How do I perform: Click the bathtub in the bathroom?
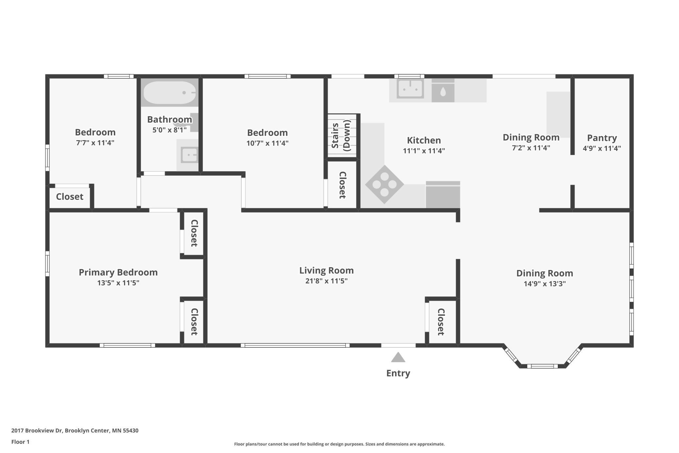[x=169, y=92]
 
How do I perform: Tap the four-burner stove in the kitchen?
[x=384, y=184]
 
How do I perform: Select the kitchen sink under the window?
[x=410, y=89]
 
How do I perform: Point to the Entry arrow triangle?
[x=398, y=357]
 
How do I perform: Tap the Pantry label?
[x=602, y=138]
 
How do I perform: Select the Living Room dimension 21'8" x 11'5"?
[x=326, y=281]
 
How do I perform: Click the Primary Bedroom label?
[x=118, y=273]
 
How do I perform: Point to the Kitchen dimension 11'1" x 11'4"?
[x=424, y=151]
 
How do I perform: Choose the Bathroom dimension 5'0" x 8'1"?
[x=169, y=130]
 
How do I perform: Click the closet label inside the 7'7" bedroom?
[x=70, y=197]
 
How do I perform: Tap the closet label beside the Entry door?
[x=441, y=322]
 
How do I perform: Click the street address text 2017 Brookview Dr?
[x=37, y=430]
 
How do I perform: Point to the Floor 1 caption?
[x=20, y=442]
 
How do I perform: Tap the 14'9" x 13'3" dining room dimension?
[x=545, y=284]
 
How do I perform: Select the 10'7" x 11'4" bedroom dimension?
[x=267, y=143]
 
